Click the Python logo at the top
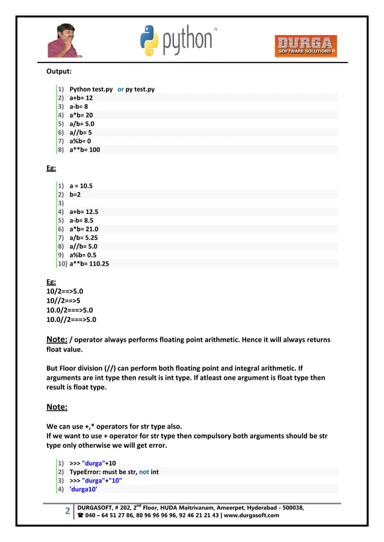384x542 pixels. click(178, 40)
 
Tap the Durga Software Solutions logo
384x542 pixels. click(306, 46)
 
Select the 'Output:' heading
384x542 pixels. click(59, 72)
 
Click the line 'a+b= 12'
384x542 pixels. click(81, 97)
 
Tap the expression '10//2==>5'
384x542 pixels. click(64, 300)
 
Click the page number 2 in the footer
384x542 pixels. click(67, 512)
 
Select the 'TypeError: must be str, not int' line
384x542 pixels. click(114, 472)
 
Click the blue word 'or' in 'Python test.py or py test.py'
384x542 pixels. click(120, 89)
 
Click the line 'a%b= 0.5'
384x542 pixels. click(84, 255)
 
